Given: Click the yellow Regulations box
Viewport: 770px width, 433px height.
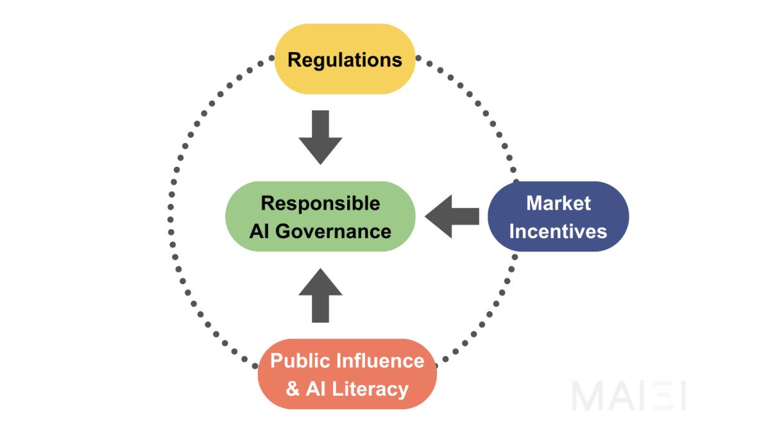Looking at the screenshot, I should (345, 60).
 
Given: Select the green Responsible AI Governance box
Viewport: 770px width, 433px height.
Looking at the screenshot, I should (320, 217).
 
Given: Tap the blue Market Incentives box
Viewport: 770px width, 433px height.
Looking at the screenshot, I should (558, 217).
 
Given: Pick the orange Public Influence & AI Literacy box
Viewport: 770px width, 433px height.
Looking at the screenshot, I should (347, 374).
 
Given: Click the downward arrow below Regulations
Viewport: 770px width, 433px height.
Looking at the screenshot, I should (320, 137).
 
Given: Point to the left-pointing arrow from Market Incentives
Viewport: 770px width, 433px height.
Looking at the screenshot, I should (452, 217).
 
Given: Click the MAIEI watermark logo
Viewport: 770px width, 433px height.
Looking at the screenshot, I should (628, 396).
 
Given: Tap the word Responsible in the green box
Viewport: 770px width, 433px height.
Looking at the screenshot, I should (320, 203).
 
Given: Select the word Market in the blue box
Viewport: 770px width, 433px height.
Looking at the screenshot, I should (558, 203).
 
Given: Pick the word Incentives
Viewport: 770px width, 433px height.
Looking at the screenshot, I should (558, 231).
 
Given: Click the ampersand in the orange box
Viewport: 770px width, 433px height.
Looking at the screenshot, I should (293, 389).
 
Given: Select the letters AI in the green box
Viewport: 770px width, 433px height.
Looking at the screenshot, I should (259, 231).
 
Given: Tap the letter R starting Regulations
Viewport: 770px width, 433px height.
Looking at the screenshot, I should (295, 60).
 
